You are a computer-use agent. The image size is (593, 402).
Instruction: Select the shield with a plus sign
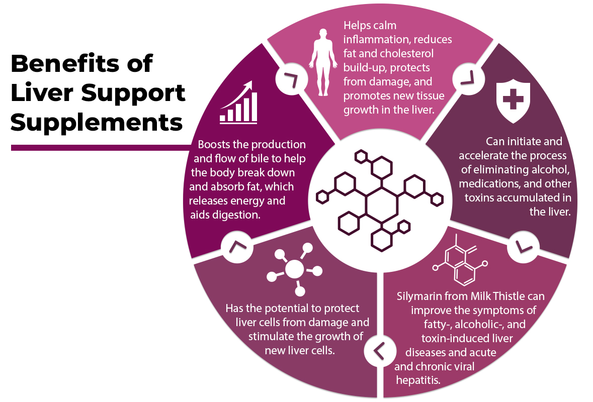(513, 101)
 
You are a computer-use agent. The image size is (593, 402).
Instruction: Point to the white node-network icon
(295, 269)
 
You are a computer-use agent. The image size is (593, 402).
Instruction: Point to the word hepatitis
(418, 380)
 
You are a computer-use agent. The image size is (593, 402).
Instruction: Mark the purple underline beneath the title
(100, 148)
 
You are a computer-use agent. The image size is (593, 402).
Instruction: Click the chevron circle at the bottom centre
(379, 351)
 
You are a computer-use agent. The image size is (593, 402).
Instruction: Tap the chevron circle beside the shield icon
(468, 79)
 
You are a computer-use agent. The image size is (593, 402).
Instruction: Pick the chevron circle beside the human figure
(292, 80)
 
